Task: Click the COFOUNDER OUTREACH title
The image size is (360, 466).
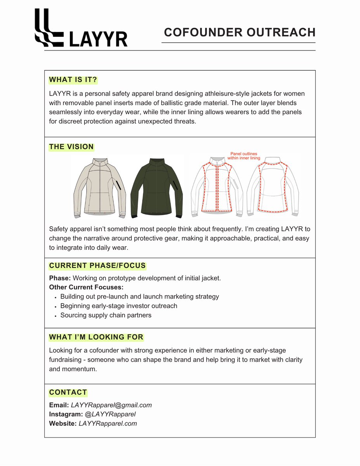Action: [240, 32]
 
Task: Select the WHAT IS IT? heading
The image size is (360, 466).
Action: [73, 80]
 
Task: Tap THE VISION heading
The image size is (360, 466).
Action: [71, 147]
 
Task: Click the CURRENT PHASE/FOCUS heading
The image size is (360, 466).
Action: [97, 266]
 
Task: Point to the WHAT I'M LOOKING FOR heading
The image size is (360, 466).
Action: [96, 337]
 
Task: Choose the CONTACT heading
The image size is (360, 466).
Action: [68, 392]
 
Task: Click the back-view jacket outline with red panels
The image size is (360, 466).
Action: [273, 186]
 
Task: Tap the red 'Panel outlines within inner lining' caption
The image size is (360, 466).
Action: [244, 156]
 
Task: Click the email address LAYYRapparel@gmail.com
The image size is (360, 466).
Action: [111, 405]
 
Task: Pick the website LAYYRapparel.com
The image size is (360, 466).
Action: [108, 424]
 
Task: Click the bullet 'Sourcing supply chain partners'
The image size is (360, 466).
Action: [106, 315]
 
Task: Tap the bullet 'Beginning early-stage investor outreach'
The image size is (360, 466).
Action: [118, 306]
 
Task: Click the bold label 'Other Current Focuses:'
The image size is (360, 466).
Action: [86, 287]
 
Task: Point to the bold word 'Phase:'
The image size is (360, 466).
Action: [60, 278]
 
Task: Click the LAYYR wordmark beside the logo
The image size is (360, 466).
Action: [98, 39]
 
